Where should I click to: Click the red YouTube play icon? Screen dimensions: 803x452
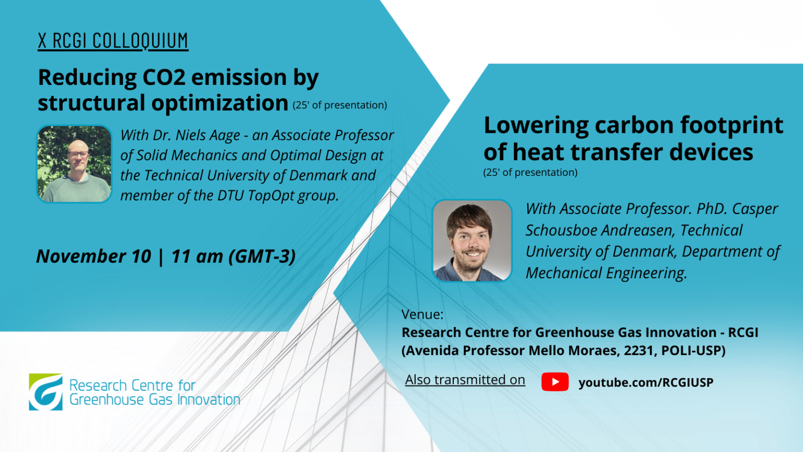coord(555,382)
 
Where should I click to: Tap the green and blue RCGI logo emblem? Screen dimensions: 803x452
coord(45,392)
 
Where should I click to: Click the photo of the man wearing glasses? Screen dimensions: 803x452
coord(74,164)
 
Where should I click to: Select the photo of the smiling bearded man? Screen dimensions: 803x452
coord(472,240)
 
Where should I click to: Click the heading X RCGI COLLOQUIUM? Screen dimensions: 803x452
coord(113,40)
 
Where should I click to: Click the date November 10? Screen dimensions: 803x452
coord(94,256)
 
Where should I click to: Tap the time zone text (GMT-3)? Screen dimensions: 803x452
coord(262,256)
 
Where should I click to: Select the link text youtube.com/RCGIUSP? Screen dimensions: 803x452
coord(646,382)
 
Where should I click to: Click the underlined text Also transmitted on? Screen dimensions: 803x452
coord(465,379)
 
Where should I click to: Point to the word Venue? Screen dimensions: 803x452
coord(422,314)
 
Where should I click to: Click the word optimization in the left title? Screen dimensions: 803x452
coord(220,103)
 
